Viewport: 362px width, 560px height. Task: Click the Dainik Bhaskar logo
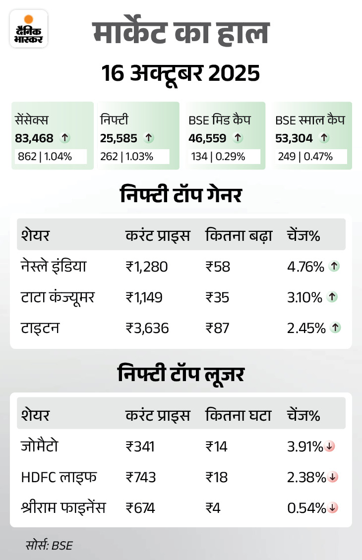coord(29,29)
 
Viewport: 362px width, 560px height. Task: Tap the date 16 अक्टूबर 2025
coord(181,74)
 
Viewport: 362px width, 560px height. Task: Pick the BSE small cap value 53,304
coord(294,138)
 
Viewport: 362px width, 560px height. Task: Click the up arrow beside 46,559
coord(238,138)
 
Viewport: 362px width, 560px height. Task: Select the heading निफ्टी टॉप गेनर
coord(181,195)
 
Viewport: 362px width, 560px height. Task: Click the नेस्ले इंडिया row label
coord(54,267)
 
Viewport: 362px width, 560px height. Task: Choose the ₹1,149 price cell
coord(144,297)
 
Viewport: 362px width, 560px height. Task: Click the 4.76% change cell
coord(305,267)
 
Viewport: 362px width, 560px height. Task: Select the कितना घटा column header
coord(238,415)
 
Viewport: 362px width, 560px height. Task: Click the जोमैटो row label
coord(40,446)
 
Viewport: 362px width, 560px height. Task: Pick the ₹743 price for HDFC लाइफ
coord(141,477)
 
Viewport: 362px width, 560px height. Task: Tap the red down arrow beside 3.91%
coord(330,447)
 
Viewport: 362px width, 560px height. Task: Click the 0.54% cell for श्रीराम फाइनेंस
coord(306,508)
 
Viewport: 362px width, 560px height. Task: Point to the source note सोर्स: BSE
coord(49,545)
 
